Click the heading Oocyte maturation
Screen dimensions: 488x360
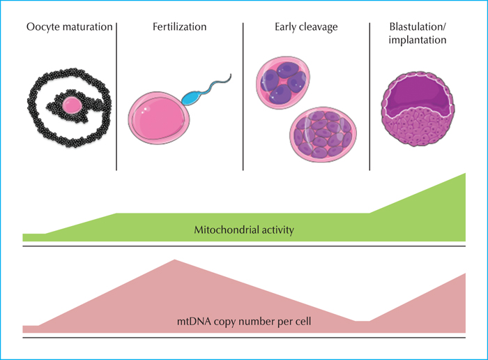click(70, 27)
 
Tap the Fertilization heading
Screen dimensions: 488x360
click(180, 27)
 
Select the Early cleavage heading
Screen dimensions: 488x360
click(306, 27)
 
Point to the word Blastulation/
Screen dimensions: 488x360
click(418, 27)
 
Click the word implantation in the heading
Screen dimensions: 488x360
click(418, 40)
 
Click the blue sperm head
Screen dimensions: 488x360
click(191, 98)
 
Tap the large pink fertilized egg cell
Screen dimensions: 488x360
click(159, 118)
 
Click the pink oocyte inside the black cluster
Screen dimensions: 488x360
click(73, 105)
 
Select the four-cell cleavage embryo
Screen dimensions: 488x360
click(283, 82)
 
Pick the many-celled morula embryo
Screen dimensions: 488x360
click(323, 134)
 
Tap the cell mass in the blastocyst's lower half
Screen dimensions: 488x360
click(418, 127)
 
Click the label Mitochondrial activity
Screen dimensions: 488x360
click(244, 230)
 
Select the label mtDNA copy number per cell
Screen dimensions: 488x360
click(244, 321)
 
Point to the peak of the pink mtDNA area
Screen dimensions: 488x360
click(174, 260)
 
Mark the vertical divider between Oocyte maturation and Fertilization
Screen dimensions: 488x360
click(116, 96)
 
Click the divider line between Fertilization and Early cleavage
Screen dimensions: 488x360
click(243, 96)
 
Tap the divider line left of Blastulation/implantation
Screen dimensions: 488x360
click(369, 96)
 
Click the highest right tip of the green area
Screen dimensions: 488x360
click(465, 173)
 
